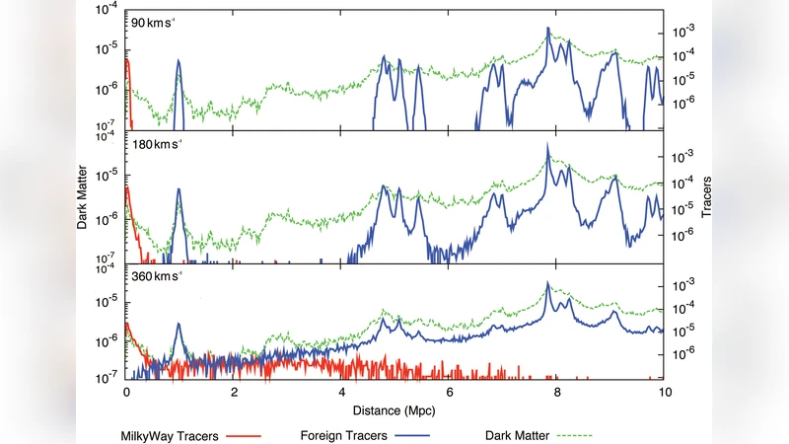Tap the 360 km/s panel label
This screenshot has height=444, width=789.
click(160, 276)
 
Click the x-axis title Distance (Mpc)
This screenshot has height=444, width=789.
click(394, 407)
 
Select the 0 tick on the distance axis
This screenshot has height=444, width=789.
click(126, 392)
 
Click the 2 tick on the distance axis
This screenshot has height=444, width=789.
click(234, 392)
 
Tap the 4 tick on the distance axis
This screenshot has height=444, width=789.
click(341, 392)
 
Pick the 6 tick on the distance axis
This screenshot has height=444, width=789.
click(450, 392)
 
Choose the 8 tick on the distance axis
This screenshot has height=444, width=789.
click(557, 392)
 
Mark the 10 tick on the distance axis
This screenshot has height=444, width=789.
click(664, 392)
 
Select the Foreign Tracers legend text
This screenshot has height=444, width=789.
click(344, 431)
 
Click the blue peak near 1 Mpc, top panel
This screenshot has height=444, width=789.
click(179, 61)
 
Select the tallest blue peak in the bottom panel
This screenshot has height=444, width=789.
click(547, 284)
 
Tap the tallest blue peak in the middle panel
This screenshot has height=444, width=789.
click(547, 146)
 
